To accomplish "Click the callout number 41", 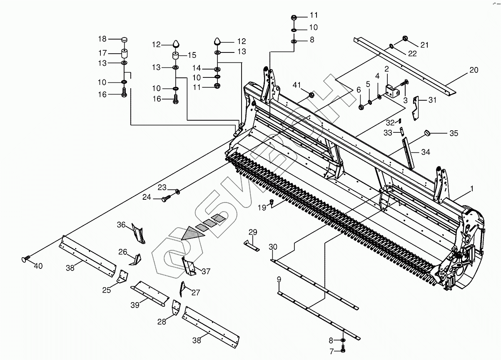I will pyautogui.click(x=296, y=85).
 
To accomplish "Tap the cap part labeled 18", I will pyautogui.click(x=124, y=39).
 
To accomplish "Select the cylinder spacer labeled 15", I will pyautogui.click(x=176, y=56).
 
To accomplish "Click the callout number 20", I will pyautogui.click(x=474, y=70).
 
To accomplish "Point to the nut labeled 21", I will pyautogui.click(x=405, y=39).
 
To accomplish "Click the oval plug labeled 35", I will pyautogui.click(x=427, y=133).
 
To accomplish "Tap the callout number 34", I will pyautogui.click(x=425, y=152).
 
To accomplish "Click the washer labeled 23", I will pyautogui.click(x=178, y=191).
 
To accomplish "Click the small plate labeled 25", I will pyautogui.click(x=122, y=276).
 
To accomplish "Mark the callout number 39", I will pyautogui.click(x=135, y=305).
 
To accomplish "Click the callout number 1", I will pyautogui.click(x=472, y=189).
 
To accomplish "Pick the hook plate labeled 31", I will pyautogui.click(x=416, y=108).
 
